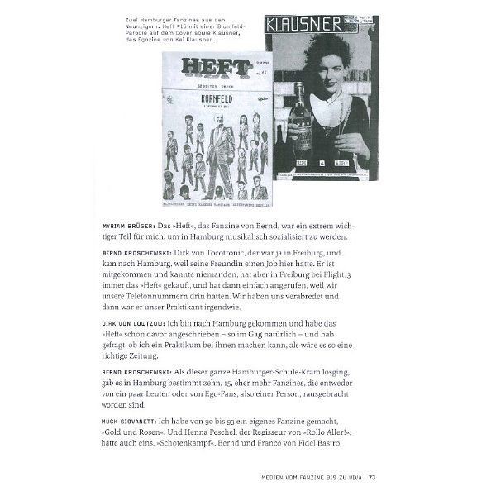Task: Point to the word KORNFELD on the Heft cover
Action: [x=214, y=105]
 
